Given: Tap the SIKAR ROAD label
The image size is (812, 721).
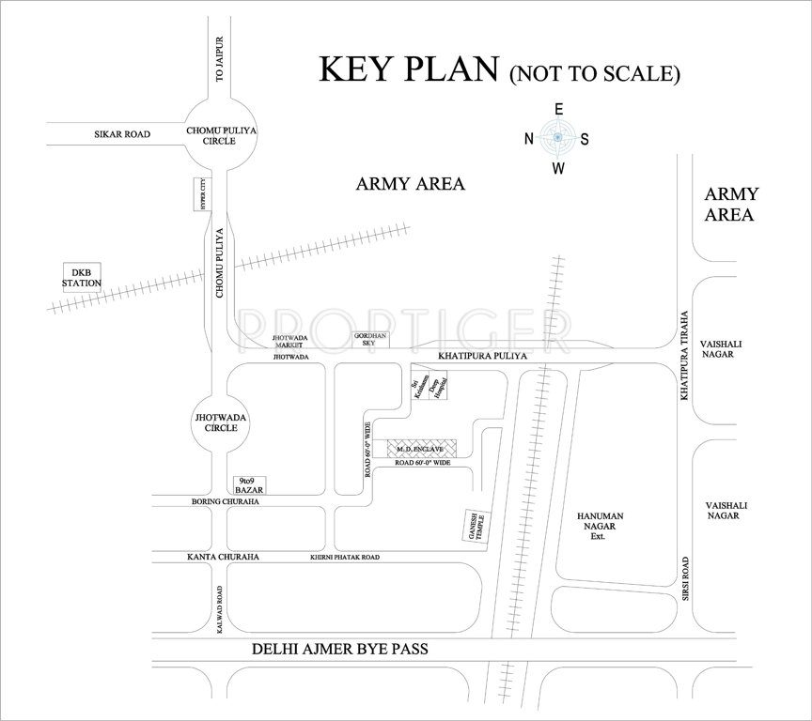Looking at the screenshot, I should tap(122, 135).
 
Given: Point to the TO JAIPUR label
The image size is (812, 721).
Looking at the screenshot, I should tap(222, 59).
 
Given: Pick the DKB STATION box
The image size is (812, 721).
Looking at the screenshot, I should tap(82, 277).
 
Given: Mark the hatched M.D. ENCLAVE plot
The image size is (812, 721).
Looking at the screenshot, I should tap(422, 449).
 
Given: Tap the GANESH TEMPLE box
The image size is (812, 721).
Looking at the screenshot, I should tap(473, 529).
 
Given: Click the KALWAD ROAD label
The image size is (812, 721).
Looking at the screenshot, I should tap(220, 609).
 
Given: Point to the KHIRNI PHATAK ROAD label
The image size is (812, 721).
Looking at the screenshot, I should tap(345, 558).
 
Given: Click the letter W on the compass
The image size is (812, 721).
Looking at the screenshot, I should tap(557, 169).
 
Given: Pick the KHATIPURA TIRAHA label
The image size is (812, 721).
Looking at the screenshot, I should tap(686, 356).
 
